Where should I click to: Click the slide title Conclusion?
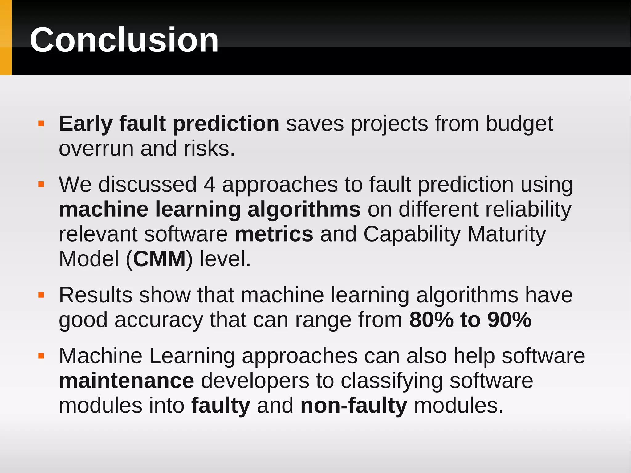124,40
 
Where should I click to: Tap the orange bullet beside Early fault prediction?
41,124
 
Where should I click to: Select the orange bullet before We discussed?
41,185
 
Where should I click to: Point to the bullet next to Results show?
41,295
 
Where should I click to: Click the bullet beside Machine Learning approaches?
41,356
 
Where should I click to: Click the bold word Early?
86,124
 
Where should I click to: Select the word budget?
519,124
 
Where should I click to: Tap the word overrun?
96,149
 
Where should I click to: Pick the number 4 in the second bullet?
209,185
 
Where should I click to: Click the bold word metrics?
274,234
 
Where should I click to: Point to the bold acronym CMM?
159,259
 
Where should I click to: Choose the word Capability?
412,234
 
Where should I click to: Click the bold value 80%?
431,320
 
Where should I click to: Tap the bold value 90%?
510,320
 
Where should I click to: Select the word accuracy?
159,320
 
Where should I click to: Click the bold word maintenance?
126,381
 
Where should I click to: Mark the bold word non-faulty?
354,406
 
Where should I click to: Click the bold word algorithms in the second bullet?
304,210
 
